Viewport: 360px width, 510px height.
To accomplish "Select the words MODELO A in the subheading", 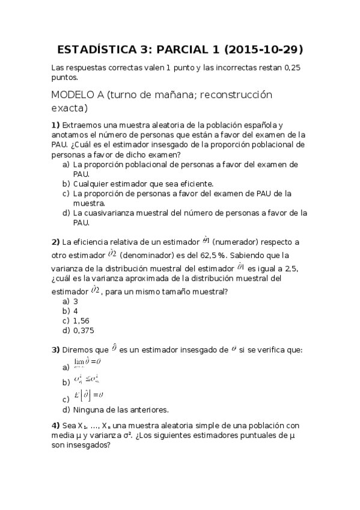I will [78, 95].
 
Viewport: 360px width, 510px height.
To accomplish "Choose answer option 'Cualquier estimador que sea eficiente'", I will [144, 183].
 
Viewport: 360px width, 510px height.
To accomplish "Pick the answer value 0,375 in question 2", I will [84, 330].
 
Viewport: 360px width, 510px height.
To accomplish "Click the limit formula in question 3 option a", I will [87, 364].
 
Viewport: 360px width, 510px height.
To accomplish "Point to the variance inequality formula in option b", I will [87, 380].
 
